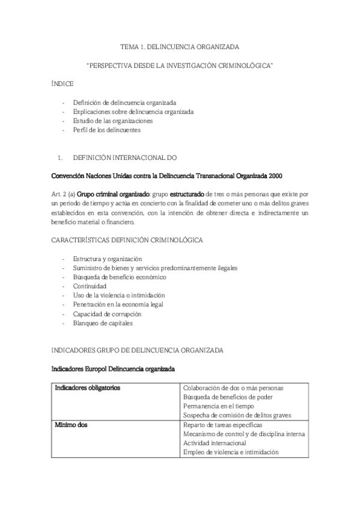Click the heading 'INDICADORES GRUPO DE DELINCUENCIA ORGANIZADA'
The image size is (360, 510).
[138, 349]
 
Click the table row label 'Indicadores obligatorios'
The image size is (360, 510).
[87, 388]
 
